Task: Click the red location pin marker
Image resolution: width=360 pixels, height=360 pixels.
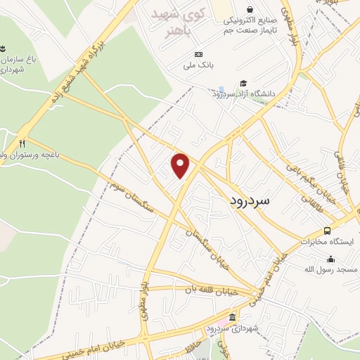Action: (x=181, y=165)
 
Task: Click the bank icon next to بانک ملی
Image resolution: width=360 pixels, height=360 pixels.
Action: (x=198, y=54)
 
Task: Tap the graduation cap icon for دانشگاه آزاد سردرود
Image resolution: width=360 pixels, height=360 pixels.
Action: (x=243, y=84)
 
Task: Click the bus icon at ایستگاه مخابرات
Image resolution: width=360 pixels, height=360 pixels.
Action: (x=327, y=230)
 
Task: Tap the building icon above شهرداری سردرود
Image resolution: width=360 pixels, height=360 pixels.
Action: (x=232, y=318)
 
